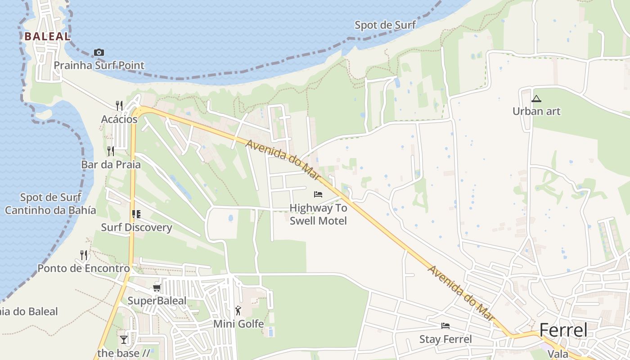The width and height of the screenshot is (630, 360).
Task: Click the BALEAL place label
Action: tap(48, 36)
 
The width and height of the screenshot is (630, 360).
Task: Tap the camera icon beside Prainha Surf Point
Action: tap(99, 53)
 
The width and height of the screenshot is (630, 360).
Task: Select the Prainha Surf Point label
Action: tap(99, 65)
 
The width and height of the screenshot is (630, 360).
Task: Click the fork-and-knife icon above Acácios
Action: tap(119, 106)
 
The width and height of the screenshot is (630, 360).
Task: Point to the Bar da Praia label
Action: tap(111, 164)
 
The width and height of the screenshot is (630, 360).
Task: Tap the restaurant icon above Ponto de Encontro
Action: tap(84, 255)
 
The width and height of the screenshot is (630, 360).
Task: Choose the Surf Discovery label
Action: tap(136, 227)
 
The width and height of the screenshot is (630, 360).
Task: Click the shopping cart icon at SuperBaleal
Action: tap(157, 288)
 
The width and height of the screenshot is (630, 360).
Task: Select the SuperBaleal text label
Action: tap(157, 301)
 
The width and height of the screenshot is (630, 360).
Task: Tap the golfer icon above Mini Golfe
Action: tap(238, 310)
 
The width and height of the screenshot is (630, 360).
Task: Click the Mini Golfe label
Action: tap(238, 324)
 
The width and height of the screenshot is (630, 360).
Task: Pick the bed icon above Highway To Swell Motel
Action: tap(318, 194)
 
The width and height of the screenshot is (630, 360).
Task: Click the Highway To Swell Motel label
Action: tap(318, 214)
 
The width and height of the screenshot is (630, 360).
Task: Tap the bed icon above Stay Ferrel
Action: tap(445, 326)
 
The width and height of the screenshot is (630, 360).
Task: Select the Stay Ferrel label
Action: tap(445, 339)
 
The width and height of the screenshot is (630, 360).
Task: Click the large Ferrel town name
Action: tap(563, 330)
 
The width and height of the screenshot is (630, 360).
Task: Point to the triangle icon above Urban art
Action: tap(536, 99)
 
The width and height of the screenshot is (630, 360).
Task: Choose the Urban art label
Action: tap(536, 111)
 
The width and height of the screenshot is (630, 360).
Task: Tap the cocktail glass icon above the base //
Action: tap(124, 339)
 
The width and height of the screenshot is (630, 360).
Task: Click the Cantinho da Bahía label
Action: tap(50, 210)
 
